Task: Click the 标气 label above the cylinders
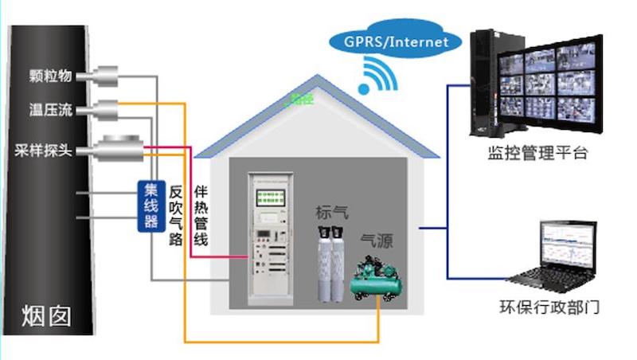pyautogui.click(x=332, y=212)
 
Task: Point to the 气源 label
pyautogui.click(x=377, y=241)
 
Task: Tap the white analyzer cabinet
pyautogui.click(x=270, y=239)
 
